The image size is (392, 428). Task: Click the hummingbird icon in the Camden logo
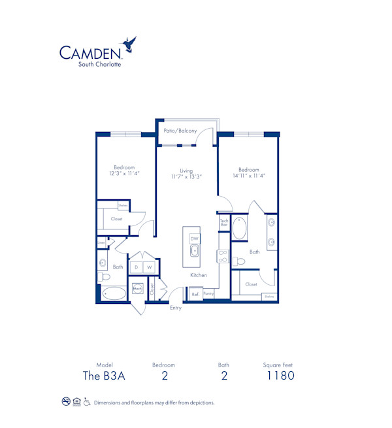click(x=130, y=44)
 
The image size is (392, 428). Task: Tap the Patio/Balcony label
click(x=180, y=131)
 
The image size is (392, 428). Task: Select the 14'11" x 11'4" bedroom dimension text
click(x=248, y=175)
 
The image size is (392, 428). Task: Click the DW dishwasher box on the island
click(x=194, y=239)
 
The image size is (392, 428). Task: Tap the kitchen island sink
click(x=194, y=250)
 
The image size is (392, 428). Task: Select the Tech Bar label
click(x=223, y=223)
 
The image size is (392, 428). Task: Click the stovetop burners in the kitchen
click(x=222, y=255)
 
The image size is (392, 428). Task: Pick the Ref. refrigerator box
click(x=195, y=295)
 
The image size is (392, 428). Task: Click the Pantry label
click(x=208, y=295)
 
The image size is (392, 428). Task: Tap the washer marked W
click(x=149, y=267)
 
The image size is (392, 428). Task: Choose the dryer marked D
click(x=137, y=267)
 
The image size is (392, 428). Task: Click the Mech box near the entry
click(x=138, y=288)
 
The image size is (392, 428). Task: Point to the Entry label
click(x=176, y=308)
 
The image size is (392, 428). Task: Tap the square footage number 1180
click(x=280, y=375)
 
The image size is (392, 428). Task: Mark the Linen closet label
click(x=101, y=242)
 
